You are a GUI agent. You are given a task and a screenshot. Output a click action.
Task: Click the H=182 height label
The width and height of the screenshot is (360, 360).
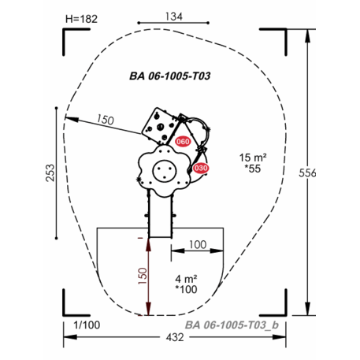[81, 19]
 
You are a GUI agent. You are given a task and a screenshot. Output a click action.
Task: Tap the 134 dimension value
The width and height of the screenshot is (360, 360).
[173, 17]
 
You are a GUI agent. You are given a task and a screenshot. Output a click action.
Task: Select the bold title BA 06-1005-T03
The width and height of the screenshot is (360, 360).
[170, 76]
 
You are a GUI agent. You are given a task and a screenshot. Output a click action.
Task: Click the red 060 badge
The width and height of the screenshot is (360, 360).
[183, 142]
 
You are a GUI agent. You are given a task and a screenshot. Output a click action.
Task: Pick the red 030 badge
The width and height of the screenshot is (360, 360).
[201, 168]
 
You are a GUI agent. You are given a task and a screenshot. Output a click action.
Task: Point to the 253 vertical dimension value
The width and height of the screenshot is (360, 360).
[50, 173]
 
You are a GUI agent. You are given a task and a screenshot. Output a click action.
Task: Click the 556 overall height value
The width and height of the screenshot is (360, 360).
[307, 173]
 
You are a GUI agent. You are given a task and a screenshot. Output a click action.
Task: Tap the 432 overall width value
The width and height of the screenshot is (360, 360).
[175, 337]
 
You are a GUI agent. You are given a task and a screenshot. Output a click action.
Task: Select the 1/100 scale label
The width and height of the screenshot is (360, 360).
[87, 325]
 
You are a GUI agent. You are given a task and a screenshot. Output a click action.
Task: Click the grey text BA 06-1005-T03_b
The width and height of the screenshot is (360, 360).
[232, 325]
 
